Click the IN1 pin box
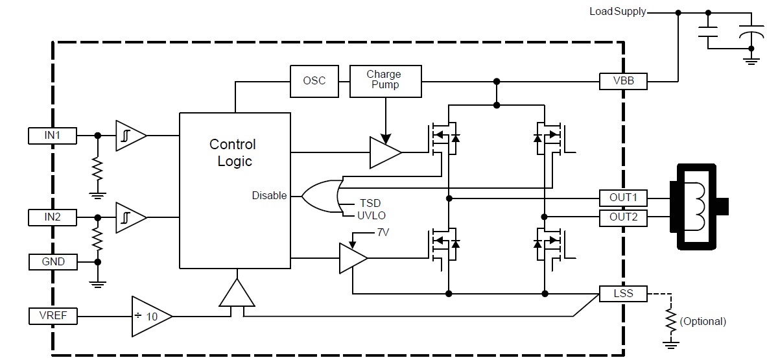(x=53, y=136)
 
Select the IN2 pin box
(x=53, y=217)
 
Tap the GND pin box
(x=53, y=262)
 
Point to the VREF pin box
(x=53, y=316)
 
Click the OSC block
(x=314, y=81)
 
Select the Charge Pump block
(x=385, y=80)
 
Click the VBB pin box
(x=622, y=81)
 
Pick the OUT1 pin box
(x=622, y=197)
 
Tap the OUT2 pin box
(x=622, y=217)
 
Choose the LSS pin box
(x=622, y=294)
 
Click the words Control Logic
(x=233, y=152)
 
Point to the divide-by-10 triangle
(x=150, y=317)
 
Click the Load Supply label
(x=617, y=12)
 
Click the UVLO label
(x=373, y=215)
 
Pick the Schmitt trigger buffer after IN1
(x=130, y=136)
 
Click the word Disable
(x=269, y=195)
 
